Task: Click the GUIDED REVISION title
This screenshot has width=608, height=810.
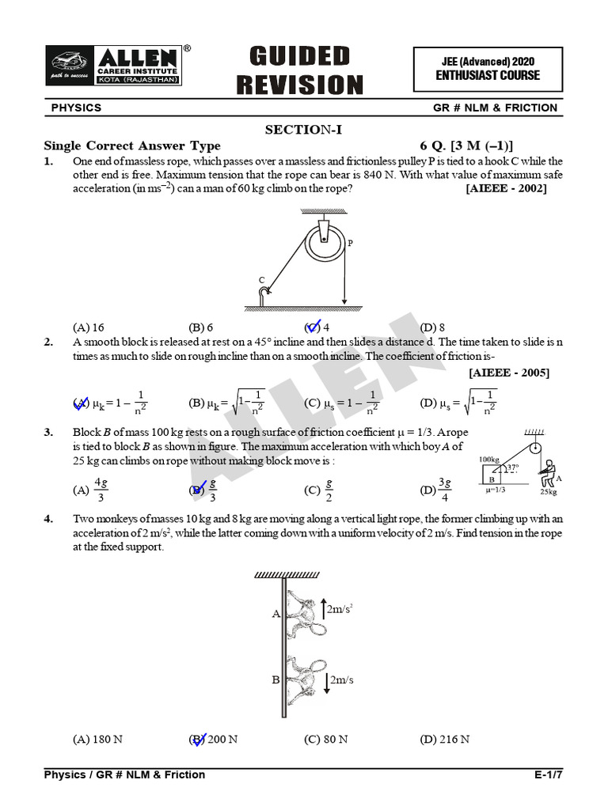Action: coord(299,70)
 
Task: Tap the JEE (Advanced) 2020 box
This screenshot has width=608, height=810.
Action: coord(488,69)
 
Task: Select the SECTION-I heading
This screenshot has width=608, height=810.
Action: coord(304,130)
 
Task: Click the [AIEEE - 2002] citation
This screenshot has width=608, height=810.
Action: coord(506,189)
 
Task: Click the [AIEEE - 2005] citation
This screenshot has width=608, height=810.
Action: coord(509,373)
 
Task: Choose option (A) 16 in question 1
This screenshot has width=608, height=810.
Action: coord(89,327)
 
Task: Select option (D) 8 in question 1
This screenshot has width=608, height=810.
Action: coord(432,327)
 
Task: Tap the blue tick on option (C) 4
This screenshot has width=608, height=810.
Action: coord(312,326)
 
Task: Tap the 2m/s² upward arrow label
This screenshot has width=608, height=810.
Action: coord(339,609)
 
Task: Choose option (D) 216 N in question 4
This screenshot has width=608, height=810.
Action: coord(445,740)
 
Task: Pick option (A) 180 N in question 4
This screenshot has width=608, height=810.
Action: coord(97,740)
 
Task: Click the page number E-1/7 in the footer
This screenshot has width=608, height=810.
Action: coord(548,774)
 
